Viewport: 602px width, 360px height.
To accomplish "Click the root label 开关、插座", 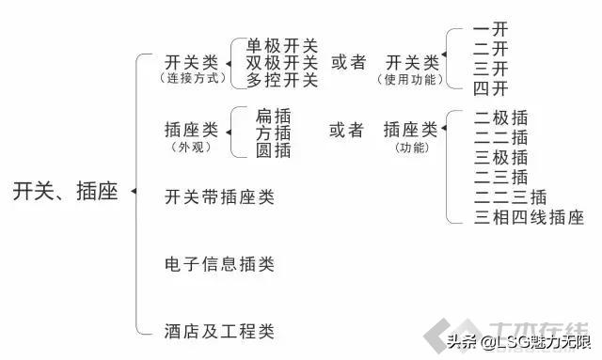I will (66, 192).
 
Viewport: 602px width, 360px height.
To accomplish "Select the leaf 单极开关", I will (282, 46).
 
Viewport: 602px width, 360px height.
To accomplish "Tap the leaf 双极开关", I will (282, 63).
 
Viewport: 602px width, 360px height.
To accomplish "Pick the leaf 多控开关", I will (282, 80).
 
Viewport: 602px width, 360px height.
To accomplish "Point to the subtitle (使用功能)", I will (412, 80).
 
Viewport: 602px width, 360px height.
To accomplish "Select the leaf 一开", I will (491, 30).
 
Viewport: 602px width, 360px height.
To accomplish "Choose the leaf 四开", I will (491, 89).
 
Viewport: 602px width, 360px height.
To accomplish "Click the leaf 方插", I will (273, 133).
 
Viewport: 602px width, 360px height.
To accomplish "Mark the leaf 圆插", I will (273, 149).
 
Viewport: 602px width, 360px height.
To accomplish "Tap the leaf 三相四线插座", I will (529, 218).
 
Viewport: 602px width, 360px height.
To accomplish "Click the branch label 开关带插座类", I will (219, 197).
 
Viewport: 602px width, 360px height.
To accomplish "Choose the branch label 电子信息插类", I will (219, 264).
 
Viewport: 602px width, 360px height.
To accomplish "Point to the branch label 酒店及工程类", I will (219, 331).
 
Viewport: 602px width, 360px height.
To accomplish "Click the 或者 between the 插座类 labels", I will (346, 131).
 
